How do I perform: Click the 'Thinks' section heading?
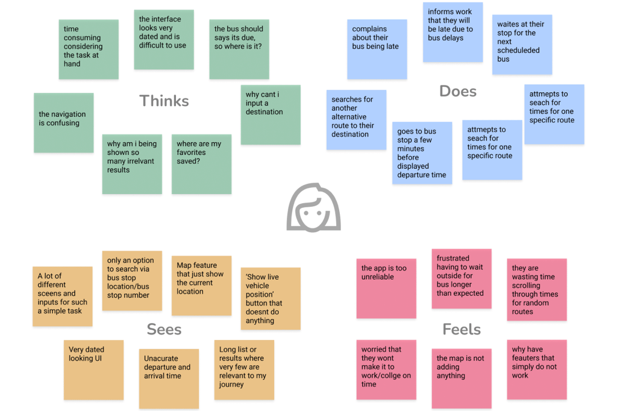point(164,101)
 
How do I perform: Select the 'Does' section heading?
point(458,91)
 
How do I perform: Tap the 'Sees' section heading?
point(164,329)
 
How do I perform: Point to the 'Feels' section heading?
point(462,329)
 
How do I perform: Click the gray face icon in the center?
point(313,208)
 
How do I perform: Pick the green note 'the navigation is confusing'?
point(63,122)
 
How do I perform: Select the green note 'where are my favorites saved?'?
point(201,164)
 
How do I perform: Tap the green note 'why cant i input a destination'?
point(271,115)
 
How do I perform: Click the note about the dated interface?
point(163,39)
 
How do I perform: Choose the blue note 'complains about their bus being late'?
point(377,49)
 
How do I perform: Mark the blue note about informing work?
point(453,32)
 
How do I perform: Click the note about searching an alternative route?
point(356,119)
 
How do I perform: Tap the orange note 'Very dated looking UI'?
point(93,369)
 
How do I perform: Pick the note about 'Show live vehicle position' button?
point(270,298)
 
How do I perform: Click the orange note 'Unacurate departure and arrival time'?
point(169,378)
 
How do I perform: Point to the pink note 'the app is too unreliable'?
point(386,288)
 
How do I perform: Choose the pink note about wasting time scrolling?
point(536,290)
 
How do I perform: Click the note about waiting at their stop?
point(522,45)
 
